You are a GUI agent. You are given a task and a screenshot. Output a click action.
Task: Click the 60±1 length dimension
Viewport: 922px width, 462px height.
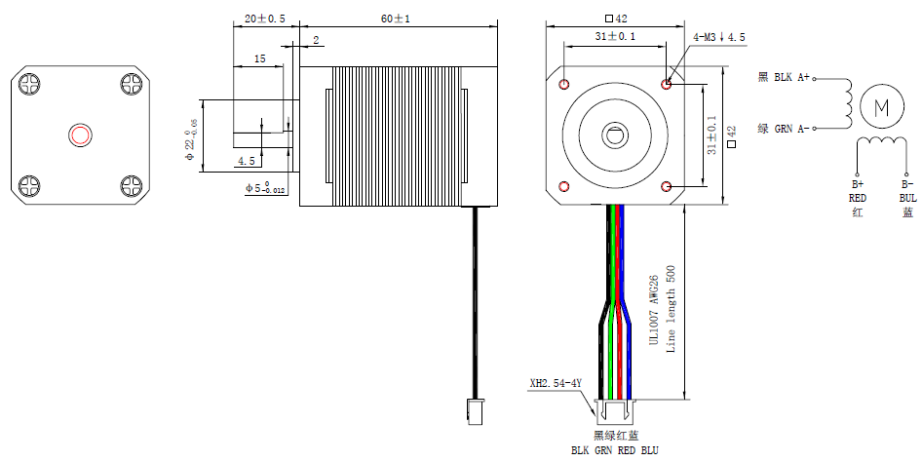(396, 19)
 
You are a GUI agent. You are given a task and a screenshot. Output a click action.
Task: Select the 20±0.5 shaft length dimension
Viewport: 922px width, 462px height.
(265, 19)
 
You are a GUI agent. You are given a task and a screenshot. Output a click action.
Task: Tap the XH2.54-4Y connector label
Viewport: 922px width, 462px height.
(555, 383)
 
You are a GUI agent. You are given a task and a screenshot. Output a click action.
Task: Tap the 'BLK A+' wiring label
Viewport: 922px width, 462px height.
(791, 77)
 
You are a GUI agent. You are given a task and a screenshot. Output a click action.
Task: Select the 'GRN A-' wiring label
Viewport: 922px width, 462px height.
(791, 128)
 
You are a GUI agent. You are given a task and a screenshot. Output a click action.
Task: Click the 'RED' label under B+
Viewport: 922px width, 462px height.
(857, 197)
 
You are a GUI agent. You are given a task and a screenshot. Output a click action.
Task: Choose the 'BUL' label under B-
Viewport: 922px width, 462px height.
(906, 197)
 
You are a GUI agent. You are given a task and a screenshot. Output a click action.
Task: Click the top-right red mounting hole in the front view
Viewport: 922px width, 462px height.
(667, 84)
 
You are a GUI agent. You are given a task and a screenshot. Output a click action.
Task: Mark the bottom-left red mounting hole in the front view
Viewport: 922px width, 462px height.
(563, 186)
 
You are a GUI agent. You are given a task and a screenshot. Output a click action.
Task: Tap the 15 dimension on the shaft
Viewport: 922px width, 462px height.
(259, 59)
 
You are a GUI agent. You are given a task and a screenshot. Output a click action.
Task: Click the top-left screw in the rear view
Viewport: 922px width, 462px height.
(30, 84)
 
